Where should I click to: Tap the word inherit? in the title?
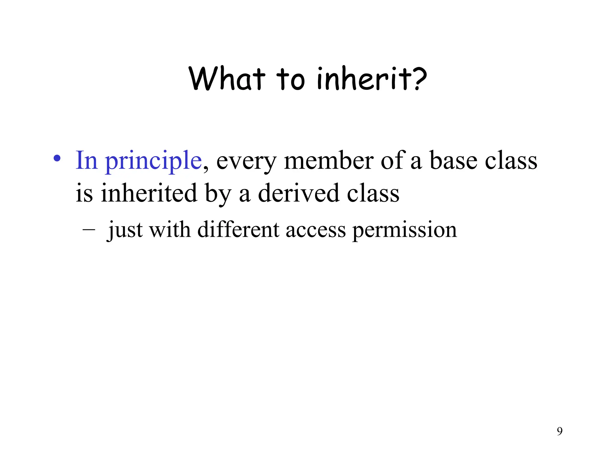pos(372,79)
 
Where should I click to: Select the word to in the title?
pos(290,79)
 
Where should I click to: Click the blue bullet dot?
pos(57,158)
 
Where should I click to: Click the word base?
pos(453,161)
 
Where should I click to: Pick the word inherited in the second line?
pos(149,193)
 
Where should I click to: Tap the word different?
pos(238,230)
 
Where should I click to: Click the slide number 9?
pos(559,431)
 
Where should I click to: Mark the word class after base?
pos(511,161)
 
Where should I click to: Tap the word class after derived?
pos(373,193)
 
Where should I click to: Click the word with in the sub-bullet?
pos(170,230)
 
